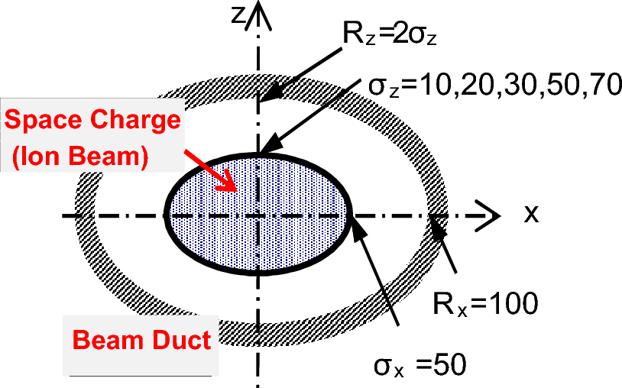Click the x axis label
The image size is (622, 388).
click(531, 214)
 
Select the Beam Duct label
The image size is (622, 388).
click(141, 339)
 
